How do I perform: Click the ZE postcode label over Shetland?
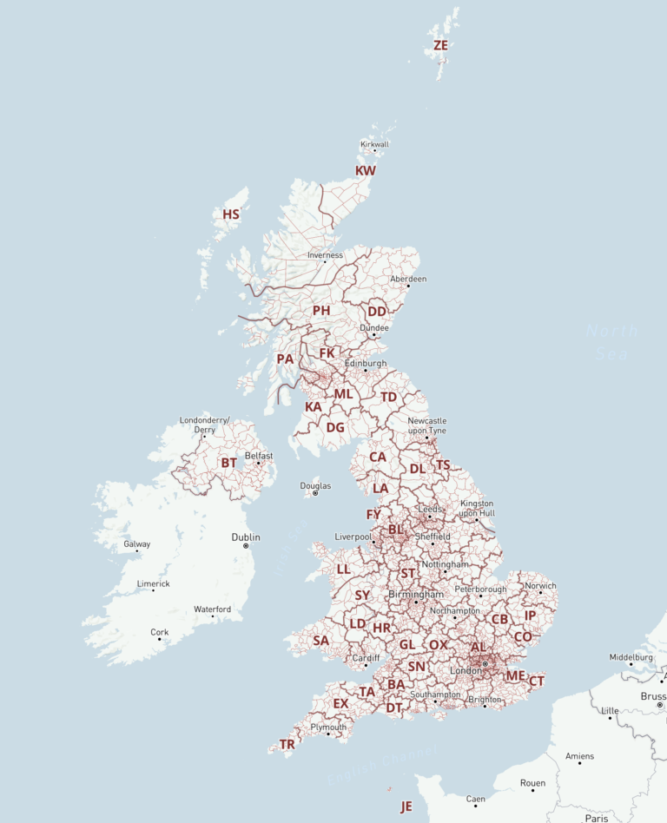coord(440,45)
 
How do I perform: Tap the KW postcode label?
coord(366,171)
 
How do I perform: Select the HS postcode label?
coord(231,214)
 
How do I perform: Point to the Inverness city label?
coord(325,255)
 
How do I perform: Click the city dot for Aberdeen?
coord(408,286)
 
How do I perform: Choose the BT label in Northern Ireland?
coord(228,463)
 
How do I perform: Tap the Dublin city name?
coord(246,537)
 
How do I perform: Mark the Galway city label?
coord(136,544)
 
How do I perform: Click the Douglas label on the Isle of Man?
coord(315,485)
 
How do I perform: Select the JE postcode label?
coord(406,807)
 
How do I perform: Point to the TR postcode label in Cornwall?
coord(287,745)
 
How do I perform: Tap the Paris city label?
coord(597,818)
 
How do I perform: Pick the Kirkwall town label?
coord(374,144)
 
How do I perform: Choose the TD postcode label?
coord(388,397)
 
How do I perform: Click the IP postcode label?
coord(531,616)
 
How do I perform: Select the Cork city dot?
coord(159,640)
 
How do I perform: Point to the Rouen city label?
coord(532,783)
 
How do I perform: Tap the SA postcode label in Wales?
coord(320,641)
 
